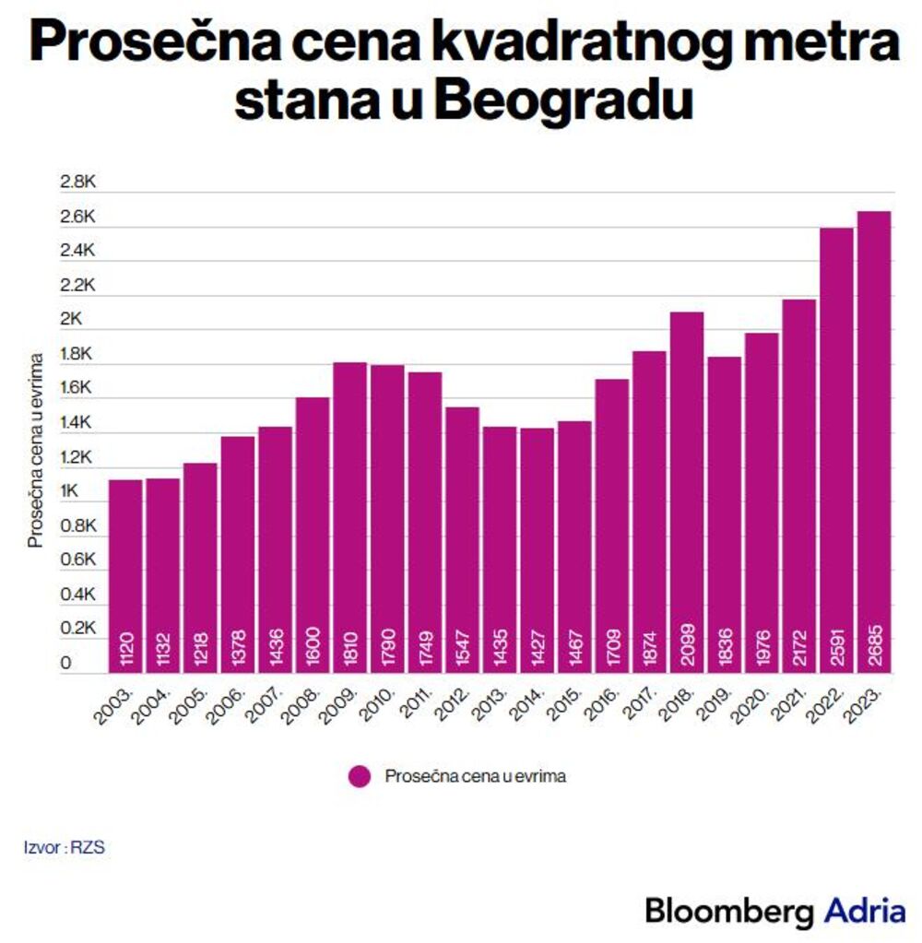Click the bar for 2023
coord(874,442)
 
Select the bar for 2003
coord(124,576)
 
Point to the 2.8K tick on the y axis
coord(77,183)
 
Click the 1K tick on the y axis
coord(70,492)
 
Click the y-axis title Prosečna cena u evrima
coord(36,449)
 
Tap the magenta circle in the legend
coord(360,777)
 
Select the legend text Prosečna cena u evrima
coord(475,777)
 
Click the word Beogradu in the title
coord(562,102)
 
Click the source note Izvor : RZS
coord(65,846)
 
